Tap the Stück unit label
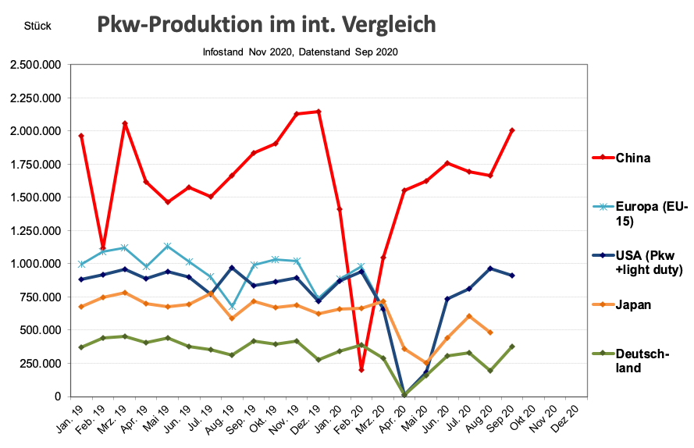click(x=37, y=27)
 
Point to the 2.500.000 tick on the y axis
click(x=36, y=65)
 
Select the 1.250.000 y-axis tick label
click(x=36, y=230)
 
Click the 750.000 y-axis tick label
click(x=41, y=297)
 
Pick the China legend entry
click(x=633, y=158)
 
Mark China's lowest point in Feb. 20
click(x=361, y=369)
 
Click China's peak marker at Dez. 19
click(x=319, y=112)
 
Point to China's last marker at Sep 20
click(x=512, y=130)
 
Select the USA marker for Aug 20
click(x=490, y=268)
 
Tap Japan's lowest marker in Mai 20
click(x=426, y=363)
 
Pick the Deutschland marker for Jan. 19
click(x=81, y=347)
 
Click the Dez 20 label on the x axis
click(x=571, y=421)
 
